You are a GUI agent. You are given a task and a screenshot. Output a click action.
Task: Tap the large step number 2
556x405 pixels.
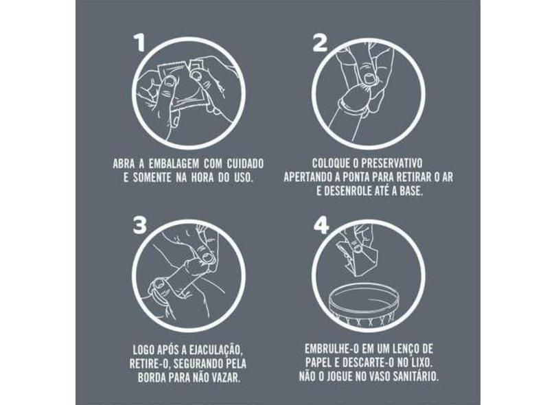pyautogui.click(x=320, y=43)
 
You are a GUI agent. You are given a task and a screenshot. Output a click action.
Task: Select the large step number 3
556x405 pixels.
pyautogui.click(x=140, y=225)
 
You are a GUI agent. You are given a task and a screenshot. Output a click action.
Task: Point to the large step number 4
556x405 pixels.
pyautogui.click(x=321, y=225)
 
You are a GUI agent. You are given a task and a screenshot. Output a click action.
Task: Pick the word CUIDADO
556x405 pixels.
pyautogui.click(x=245, y=164)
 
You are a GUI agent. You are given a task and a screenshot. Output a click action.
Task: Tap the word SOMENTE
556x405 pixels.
pyautogui.click(x=152, y=178)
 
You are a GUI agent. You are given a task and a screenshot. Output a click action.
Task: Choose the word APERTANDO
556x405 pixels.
pyautogui.click(x=306, y=177)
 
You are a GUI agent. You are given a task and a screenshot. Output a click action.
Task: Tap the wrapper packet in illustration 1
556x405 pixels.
pyautogui.click(x=180, y=84)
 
